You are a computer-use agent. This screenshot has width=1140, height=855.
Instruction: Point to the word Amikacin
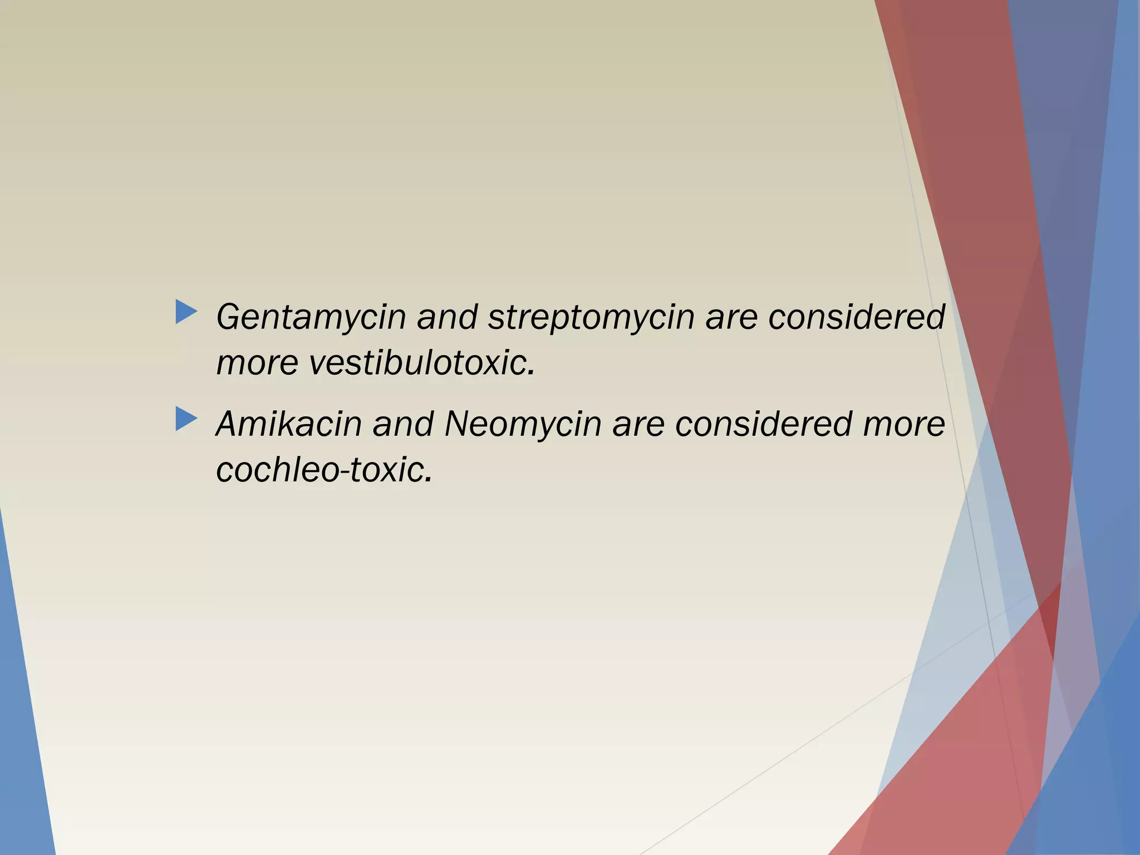289,424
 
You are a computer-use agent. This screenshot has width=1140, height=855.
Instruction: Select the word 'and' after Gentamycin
447,317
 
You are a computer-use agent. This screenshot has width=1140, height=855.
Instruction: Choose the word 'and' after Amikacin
403,424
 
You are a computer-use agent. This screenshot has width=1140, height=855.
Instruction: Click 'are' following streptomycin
731,317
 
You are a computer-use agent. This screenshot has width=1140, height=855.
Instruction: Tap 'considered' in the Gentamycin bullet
857,317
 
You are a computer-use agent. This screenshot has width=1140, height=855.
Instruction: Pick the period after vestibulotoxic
531,373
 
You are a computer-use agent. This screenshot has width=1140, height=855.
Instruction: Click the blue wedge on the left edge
22,724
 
